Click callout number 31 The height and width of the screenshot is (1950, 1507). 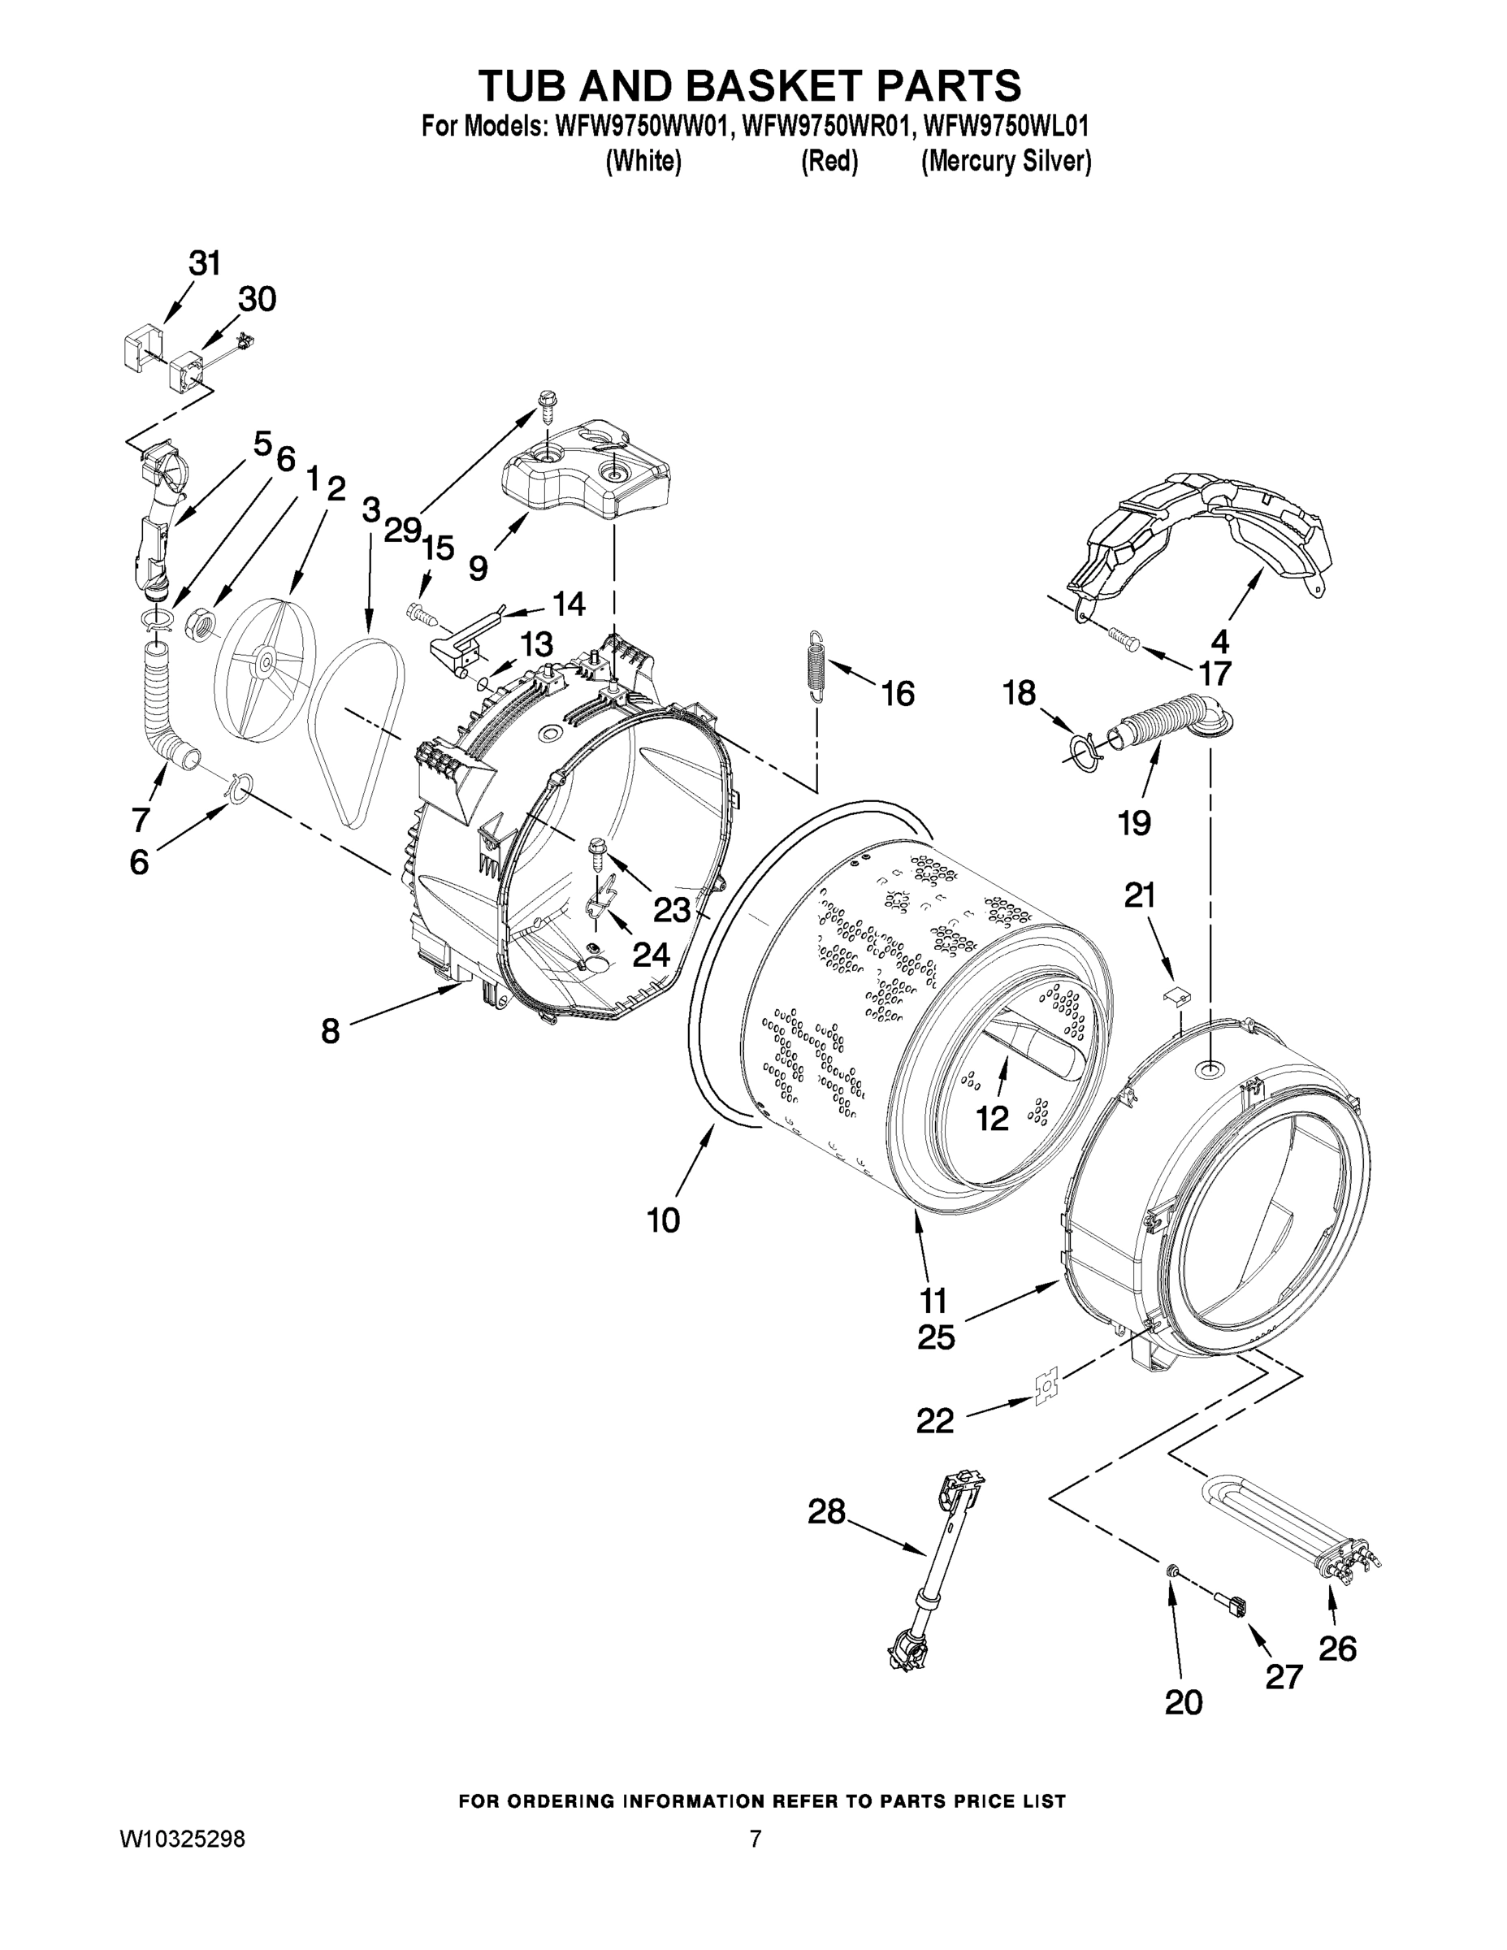205,263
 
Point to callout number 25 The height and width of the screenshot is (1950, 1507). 936,1337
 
